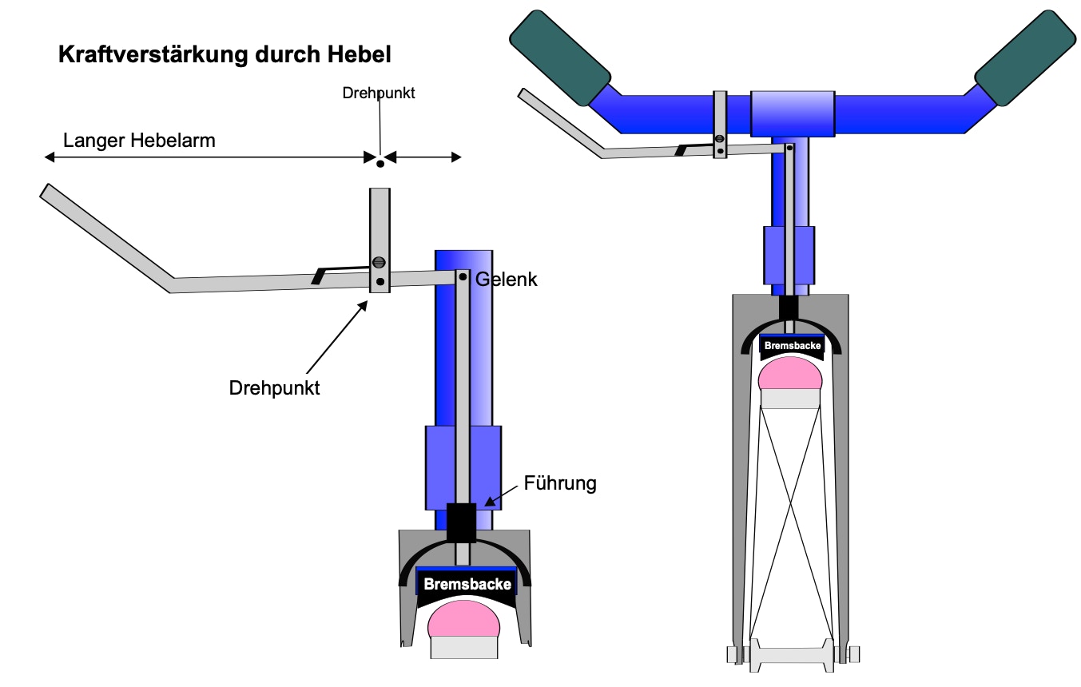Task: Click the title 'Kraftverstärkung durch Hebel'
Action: tap(225, 54)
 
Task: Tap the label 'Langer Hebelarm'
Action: tap(139, 141)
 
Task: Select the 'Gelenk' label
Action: tap(507, 280)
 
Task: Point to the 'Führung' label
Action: tap(560, 483)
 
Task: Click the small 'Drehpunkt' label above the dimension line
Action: tap(379, 93)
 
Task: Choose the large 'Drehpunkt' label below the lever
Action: tap(274, 388)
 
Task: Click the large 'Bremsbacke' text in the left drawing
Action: tap(467, 584)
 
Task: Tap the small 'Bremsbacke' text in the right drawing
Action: tap(793, 345)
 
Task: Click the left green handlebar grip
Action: tap(560, 58)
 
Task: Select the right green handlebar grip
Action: tap(1025, 58)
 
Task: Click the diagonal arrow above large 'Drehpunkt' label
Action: tap(337, 337)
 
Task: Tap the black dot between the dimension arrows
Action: tap(380, 164)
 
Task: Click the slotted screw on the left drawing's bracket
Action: tap(379, 263)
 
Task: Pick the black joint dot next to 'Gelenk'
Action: tap(463, 277)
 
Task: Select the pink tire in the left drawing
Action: tap(463, 619)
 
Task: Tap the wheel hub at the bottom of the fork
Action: tap(792, 655)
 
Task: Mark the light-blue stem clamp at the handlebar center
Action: tap(793, 114)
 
